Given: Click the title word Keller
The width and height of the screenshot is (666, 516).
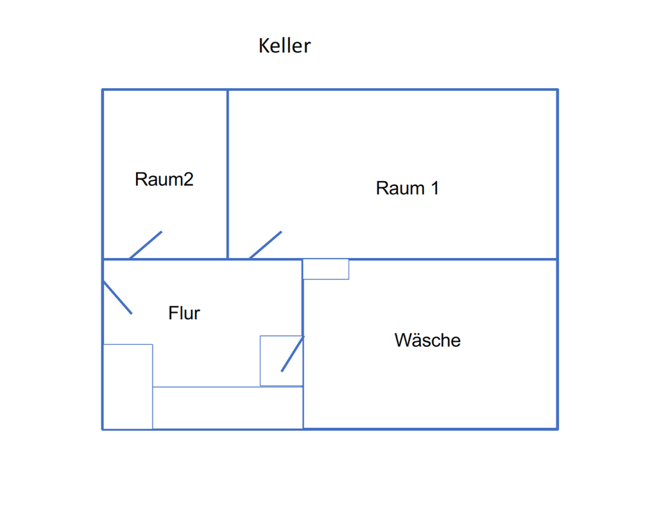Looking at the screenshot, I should point(284,46).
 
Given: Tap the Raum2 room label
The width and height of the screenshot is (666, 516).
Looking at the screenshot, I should point(164,180).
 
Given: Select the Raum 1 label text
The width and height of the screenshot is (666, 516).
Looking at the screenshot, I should point(407,188).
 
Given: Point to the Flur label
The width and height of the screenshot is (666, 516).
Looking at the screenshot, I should point(184,313).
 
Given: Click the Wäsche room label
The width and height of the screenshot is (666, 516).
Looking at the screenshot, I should point(427,341).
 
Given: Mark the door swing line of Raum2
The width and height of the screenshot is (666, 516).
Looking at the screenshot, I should point(146,245).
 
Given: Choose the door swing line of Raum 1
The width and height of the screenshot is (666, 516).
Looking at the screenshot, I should point(265,245).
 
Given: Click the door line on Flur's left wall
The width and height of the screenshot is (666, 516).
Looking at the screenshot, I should point(117,298).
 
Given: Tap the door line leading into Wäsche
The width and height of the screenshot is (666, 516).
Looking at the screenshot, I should point(292,354).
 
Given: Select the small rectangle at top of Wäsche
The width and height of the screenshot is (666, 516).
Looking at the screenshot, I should point(326,269).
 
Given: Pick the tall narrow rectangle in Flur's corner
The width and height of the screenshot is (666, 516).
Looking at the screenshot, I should point(128,386).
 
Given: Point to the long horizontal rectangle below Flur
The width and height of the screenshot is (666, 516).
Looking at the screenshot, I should point(228,408).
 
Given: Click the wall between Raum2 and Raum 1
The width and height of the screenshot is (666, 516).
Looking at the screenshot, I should point(228,173).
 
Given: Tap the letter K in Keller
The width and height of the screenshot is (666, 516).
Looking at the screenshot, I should point(264,46).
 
